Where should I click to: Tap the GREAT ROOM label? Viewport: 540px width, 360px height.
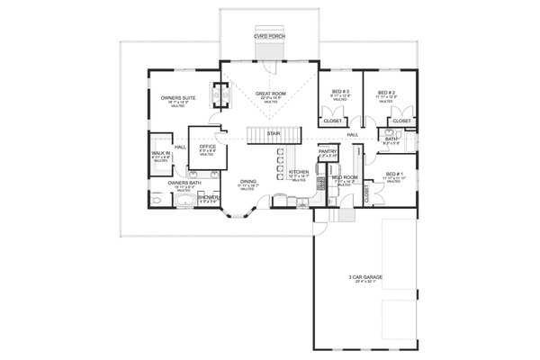click(270, 92)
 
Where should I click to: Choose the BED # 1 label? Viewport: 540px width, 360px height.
click(391, 173)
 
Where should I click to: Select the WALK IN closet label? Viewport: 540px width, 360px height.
click(161, 154)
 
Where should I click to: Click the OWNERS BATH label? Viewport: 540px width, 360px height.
click(183, 183)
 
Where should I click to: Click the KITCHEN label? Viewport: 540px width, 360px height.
click(299, 171)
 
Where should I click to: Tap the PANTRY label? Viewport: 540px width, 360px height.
click(328, 152)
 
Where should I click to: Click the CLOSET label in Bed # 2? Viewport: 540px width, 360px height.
click(402, 120)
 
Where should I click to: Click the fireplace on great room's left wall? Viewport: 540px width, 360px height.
click(216, 91)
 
